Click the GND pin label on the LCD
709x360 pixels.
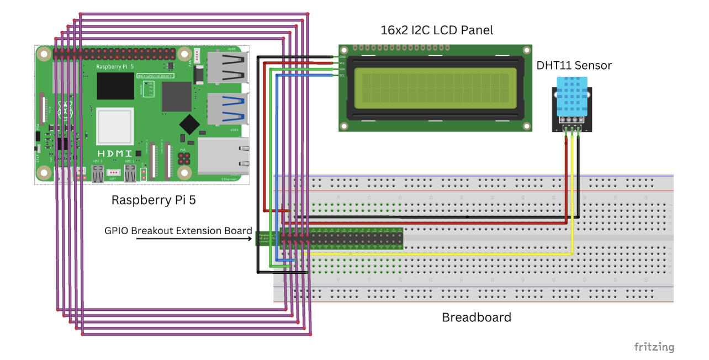pos(342,57)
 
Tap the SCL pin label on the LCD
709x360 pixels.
pos(342,75)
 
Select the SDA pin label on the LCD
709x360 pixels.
pos(342,69)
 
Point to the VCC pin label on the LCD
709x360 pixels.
pos(342,63)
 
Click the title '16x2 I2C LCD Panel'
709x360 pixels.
pos(437,30)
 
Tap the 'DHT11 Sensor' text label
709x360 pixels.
pos(574,65)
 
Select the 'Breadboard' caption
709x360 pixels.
pos(477,317)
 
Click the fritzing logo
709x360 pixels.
pos(654,347)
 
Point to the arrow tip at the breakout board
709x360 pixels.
pos(255,239)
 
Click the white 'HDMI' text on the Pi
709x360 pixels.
pos(115,153)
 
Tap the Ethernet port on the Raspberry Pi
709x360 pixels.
pos(223,157)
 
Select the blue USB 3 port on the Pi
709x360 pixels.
pos(226,108)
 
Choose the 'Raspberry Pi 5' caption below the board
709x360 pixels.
pos(154,200)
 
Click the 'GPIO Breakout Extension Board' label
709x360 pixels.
pos(178,231)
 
